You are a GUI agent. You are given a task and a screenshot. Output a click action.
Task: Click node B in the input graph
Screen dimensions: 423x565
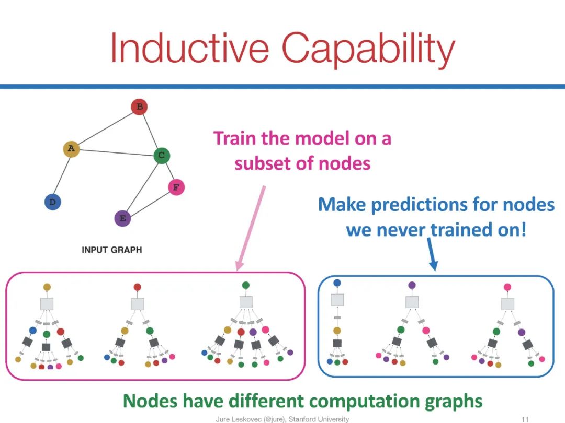pyautogui.click(x=139, y=108)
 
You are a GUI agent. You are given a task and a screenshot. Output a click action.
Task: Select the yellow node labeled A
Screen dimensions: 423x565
pyautogui.click(x=71, y=149)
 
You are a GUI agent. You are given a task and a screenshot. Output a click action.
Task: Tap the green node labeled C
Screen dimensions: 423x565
pyautogui.click(x=162, y=155)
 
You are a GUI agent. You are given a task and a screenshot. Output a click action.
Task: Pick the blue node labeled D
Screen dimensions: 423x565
pyautogui.click(x=52, y=202)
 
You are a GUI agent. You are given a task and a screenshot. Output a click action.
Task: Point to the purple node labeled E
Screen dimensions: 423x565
pyautogui.click(x=122, y=218)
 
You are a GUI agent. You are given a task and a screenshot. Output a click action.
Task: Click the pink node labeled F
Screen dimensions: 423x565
pyautogui.click(x=176, y=187)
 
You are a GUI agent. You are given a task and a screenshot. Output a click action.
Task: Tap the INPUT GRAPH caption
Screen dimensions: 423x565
pyautogui.click(x=111, y=250)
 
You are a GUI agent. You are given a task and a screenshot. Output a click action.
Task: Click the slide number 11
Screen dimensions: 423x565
pyautogui.click(x=526, y=419)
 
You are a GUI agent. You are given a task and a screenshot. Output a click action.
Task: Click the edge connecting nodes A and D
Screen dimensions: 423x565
pyautogui.click(x=62, y=175)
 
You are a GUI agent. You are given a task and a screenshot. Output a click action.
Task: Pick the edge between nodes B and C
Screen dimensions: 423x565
pyautogui.click(x=150, y=131)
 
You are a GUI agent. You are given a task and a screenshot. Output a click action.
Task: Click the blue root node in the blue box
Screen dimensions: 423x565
pyautogui.click(x=337, y=283)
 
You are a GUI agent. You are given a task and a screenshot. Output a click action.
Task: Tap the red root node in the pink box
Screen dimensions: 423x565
pyautogui.click(x=137, y=287)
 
